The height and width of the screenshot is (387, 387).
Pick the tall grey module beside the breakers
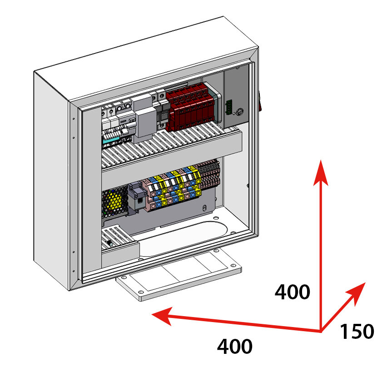pyautogui.click(x=144, y=119)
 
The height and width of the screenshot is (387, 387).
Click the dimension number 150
pyautogui.click(x=357, y=332)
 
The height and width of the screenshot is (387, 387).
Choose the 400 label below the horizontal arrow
pyautogui.click(x=234, y=347)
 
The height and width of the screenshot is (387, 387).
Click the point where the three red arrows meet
pyautogui.click(x=322, y=331)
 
